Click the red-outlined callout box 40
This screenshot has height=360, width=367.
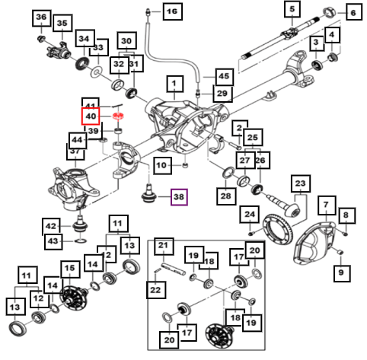(x=91, y=116)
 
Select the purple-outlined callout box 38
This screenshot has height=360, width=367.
(x=179, y=197)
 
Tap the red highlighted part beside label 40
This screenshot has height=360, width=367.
(x=118, y=116)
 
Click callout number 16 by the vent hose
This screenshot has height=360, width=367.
(x=172, y=11)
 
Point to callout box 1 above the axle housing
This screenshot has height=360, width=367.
(x=174, y=84)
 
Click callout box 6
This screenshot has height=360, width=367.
(x=353, y=13)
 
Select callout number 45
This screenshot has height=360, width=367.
(x=224, y=76)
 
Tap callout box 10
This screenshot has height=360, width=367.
(x=161, y=165)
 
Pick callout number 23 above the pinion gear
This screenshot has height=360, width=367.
(x=300, y=183)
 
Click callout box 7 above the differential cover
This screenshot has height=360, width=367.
(x=326, y=204)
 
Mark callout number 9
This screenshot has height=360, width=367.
(x=341, y=272)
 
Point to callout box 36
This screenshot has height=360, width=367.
(x=41, y=18)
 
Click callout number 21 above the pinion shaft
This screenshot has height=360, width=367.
(x=163, y=246)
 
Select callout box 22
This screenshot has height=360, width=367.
(x=155, y=290)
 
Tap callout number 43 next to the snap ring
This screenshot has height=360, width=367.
(x=53, y=241)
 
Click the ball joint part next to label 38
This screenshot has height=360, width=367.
(x=148, y=195)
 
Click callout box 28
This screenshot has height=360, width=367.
(x=225, y=196)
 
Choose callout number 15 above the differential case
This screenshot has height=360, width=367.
(x=70, y=269)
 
